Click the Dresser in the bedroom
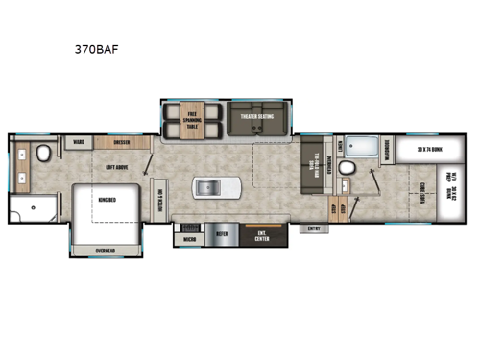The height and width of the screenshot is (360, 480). (x=121, y=142)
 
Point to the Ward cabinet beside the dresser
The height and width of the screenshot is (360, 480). (x=78, y=142)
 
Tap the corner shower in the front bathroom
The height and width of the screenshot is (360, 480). (x=28, y=208)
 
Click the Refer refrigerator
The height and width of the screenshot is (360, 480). (x=222, y=231)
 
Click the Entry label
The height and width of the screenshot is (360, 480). (x=313, y=228)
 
